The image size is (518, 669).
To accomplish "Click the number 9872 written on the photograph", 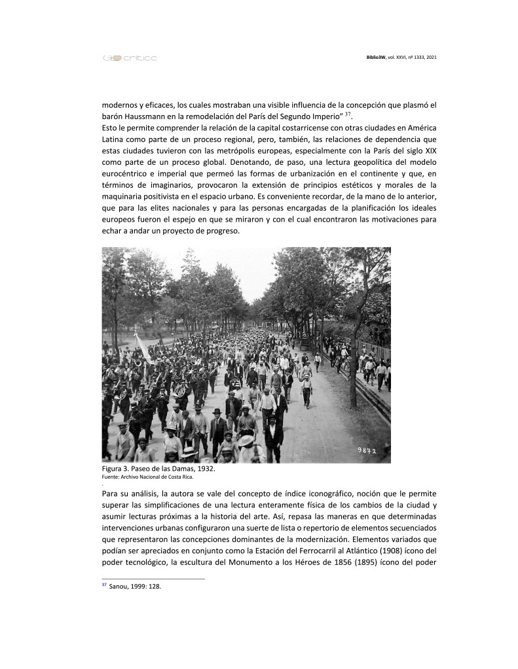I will tap(367, 451).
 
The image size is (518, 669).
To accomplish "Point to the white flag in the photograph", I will tap(143, 347).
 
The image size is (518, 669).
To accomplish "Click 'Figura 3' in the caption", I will tap(116, 469).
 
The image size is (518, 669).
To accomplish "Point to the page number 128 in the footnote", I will tap(154, 587).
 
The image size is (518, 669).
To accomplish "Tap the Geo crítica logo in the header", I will tap(129, 58).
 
